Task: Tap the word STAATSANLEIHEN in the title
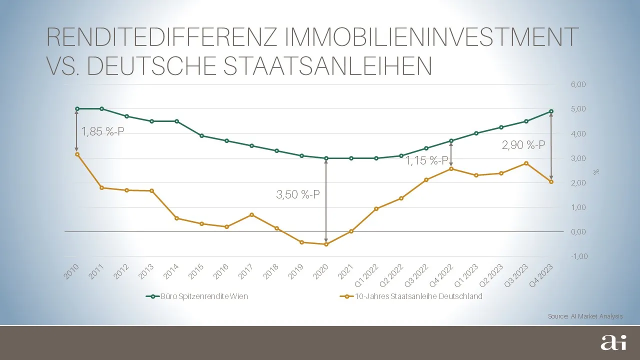(x=327, y=66)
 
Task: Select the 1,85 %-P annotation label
(x=103, y=132)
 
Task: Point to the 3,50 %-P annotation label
(x=298, y=195)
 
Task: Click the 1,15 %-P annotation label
(x=426, y=161)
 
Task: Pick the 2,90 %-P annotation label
(x=523, y=145)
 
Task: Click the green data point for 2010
(x=77, y=108)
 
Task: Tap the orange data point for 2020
(x=326, y=244)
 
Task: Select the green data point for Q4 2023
(x=551, y=111)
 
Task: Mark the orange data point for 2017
(x=251, y=215)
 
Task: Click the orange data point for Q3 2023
(x=526, y=163)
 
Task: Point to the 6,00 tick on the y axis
(x=577, y=84)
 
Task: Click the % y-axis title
(x=595, y=171)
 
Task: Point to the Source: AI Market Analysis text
(x=585, y=316)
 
